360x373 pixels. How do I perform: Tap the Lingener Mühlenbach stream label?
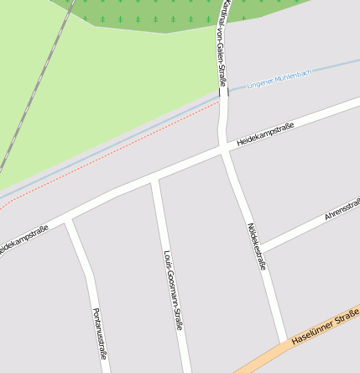279,79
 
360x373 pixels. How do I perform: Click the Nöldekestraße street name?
257,246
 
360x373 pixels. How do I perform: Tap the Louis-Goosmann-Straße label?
174,291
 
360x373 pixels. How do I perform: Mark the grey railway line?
34,93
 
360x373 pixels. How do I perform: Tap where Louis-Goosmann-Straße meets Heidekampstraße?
154,180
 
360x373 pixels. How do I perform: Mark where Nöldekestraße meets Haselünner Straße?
284,340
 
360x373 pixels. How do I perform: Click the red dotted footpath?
126,146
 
